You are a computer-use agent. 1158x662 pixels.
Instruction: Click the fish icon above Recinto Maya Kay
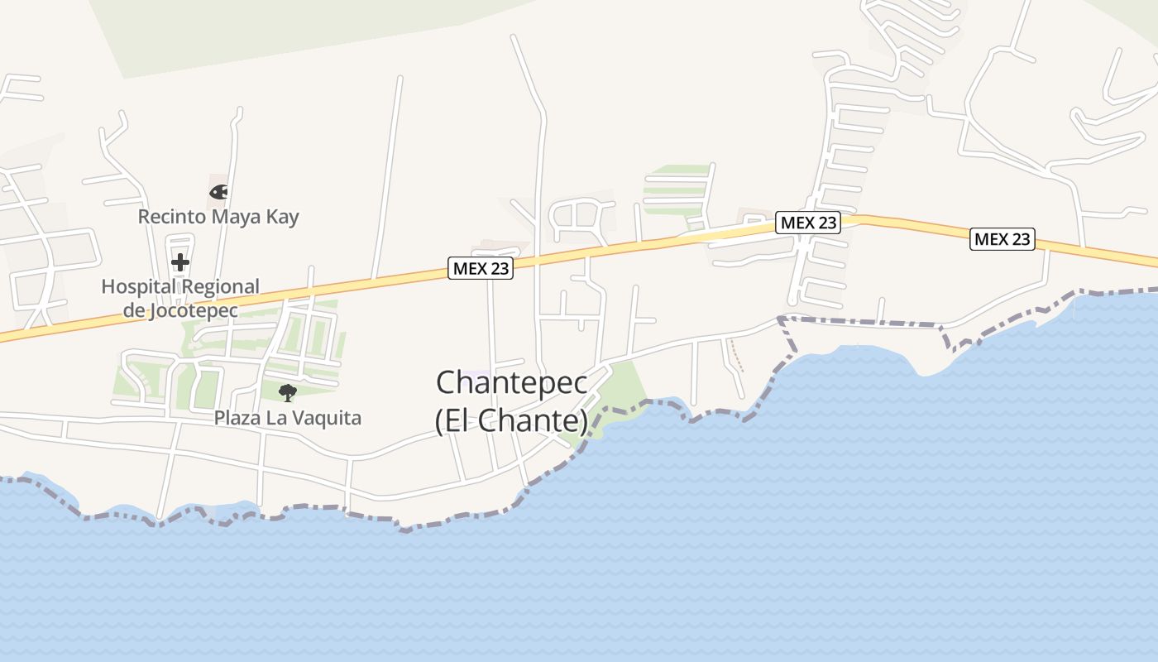pyautogui.click(x=218, y=192)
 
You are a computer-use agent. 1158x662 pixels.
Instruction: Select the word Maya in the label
pyautogui.click(x=237, y=217)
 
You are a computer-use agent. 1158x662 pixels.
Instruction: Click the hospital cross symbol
pyautogui.click(x=180, y=263)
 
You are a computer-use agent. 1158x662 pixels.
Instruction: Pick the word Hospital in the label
pyautogui.click(x=137, y=287)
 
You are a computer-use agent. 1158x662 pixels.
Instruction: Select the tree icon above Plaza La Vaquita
pyautogui.click(x=287, y=392)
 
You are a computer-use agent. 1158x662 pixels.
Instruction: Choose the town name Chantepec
pyautogui.click(x=512, y=382)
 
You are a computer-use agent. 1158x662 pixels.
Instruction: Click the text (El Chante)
pyautogui.click(x=512, y=420)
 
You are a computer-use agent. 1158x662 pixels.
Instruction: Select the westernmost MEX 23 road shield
pyautogui.click(x=481, y=268)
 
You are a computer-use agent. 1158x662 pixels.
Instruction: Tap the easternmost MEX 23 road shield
pyautogui.click(x=1002, y=239)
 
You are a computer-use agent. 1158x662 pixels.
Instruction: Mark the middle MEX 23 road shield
pyautogui.click(x=808, y=223)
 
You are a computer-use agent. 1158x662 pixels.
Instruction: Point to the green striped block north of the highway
pyautogui.click(x=677, y=189)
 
